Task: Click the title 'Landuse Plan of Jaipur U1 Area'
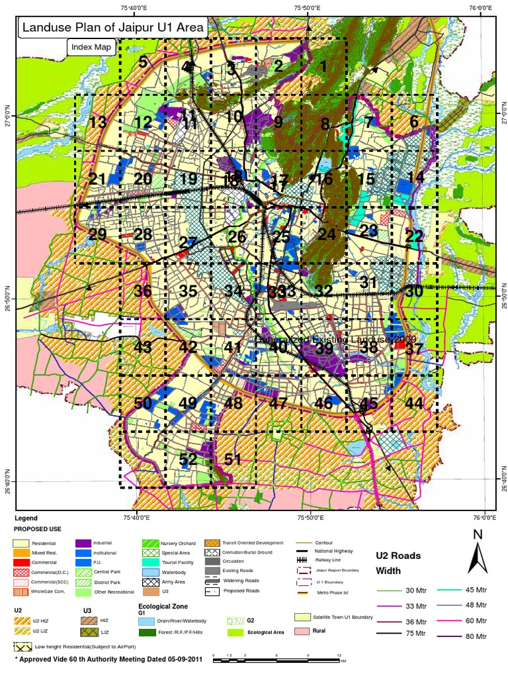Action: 113,28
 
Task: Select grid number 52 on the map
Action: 188,460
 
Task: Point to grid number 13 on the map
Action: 98,122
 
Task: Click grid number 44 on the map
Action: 414,403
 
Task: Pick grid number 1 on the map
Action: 323,66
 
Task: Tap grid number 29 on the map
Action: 97,235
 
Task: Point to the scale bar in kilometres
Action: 277,657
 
